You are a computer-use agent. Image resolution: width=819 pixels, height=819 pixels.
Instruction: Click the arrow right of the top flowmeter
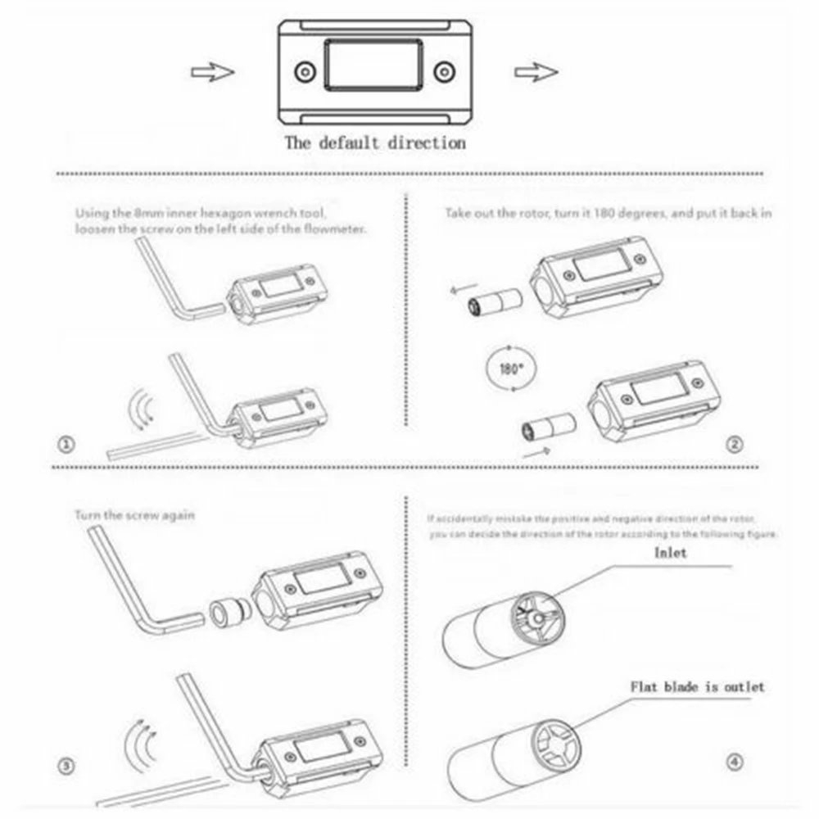(x=536, y=72)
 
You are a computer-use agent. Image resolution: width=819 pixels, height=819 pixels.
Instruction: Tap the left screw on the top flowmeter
(x=305, y=72)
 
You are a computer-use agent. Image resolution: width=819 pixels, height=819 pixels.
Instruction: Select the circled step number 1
(x=67, y=445)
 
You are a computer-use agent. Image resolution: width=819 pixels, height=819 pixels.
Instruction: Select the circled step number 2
(x=735, y=445)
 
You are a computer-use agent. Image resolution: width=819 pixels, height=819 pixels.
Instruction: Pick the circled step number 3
(x=67, y=766)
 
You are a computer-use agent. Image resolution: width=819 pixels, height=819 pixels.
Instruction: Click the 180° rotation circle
(x=509, y=368)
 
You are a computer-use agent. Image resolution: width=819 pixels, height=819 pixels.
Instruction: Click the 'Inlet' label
(x=670, y=553)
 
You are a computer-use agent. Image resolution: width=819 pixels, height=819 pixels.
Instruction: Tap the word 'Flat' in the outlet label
(x=648, y=686)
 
